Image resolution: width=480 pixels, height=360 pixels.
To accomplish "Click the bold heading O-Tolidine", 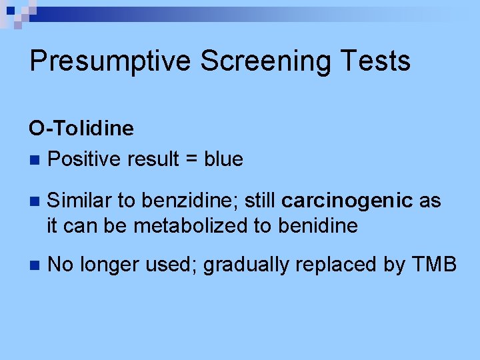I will (x=81, y=128).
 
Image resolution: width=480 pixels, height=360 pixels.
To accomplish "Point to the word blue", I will (x=223, y=159).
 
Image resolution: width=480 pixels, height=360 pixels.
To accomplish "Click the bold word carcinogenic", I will (x=347, y=201).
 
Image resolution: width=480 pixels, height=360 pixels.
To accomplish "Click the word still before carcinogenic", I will (x=262, y=201).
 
